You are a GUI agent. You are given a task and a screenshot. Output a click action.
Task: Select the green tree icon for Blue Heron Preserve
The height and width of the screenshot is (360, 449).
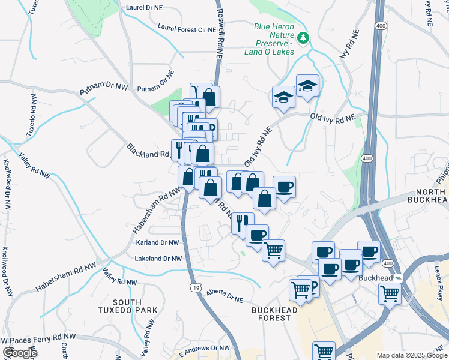(x=304, y=38)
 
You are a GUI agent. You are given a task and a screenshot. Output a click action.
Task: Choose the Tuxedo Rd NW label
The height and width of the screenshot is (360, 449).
(x=32, y=118)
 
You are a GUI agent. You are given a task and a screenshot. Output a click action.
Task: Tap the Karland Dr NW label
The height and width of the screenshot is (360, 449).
(x=157, y=243)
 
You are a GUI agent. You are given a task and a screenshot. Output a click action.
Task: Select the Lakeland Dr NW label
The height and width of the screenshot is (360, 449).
(x=158, y=259)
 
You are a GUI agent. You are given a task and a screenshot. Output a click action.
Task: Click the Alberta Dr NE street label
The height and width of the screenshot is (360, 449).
(x=224, y=295)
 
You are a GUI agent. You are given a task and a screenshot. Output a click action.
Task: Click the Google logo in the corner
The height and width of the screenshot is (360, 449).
(x=19, y=352)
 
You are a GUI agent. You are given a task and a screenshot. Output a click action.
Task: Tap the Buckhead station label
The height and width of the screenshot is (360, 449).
(x=375, y=278)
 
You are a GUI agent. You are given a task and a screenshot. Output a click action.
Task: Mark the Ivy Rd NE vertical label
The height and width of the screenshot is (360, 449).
(x=345, y=47)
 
